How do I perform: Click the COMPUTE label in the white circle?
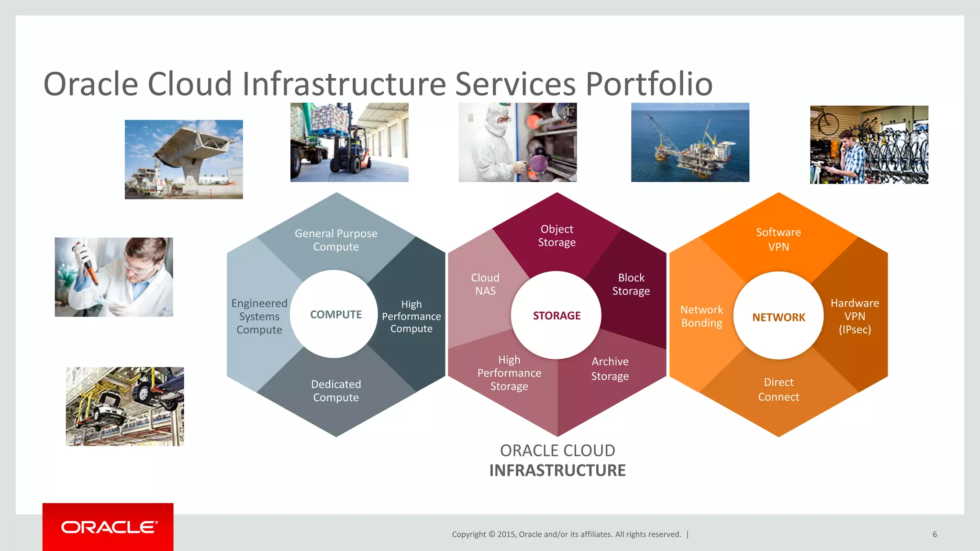point(335,315)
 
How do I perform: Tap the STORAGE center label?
point(557,316)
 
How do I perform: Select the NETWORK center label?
point(779,317)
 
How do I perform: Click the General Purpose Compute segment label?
point(336,240)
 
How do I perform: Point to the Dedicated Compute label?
point(336,391)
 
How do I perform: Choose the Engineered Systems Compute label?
point(259,317)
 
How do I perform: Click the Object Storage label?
point(557,236)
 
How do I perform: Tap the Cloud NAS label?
point(485,284)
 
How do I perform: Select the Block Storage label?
point(631,284)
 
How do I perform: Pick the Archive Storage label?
point(610,369)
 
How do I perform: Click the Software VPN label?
point(779,240)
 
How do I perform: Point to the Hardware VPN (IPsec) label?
point(855,316)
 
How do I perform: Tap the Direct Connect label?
point(779,389)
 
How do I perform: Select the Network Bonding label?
point(702,316)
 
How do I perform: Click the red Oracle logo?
point(108,527)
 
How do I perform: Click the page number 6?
point(935,534)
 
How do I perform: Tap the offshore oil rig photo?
point(690,142)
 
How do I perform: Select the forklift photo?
point(349,142)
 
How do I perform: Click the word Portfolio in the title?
point(649,84)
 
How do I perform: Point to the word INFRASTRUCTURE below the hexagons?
point(557,470)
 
